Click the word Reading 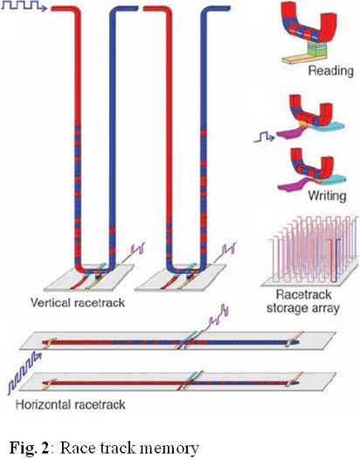[331, 71]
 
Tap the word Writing [327, 196]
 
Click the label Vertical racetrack [78, 303]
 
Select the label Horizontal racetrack [70, 405]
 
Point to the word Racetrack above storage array [303, 295]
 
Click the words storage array [303, 309]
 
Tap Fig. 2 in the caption [29, 448]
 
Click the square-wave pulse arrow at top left [24, 6]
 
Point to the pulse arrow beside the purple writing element [264, 136]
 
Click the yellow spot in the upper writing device [304, 124]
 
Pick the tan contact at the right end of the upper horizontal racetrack [294, 339]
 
